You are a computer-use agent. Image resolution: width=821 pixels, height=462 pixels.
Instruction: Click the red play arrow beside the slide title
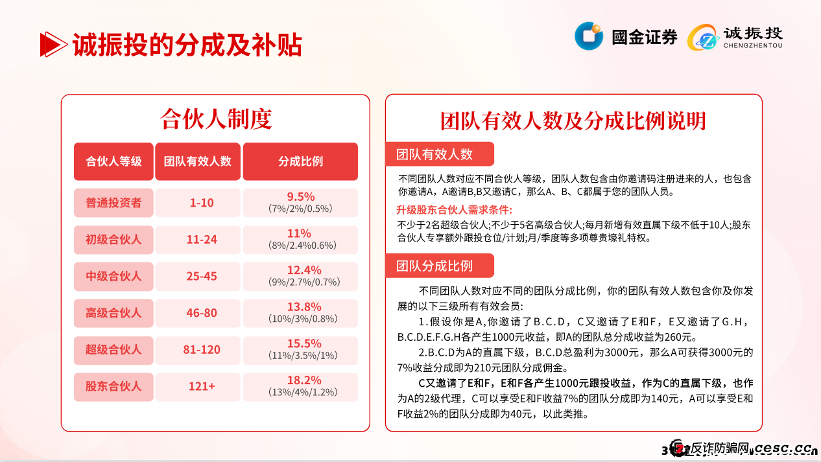coord(53,45)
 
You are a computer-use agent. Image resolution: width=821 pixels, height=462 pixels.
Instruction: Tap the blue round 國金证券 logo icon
coord(589,36)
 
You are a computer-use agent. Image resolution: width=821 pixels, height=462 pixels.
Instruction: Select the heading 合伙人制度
coord(215,119)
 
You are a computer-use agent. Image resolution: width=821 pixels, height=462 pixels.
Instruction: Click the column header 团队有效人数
coord(198,161)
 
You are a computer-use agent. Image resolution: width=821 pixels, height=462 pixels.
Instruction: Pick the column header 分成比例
coord(300,161)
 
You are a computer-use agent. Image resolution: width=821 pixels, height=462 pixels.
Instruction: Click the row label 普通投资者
coord(113,203)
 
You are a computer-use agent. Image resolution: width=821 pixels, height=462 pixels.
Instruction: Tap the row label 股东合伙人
coord(113,386)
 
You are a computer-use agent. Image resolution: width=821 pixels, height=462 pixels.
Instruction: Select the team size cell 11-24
coord(202,240)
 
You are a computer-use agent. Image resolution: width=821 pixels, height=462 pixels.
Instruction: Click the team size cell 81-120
coord(202,350)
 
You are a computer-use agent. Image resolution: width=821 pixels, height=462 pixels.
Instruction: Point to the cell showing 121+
coord(202,386)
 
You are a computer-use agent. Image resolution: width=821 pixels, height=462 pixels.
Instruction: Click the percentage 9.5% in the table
coord(300,197)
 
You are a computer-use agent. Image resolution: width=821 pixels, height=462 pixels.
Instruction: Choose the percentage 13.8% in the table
coord(300,307)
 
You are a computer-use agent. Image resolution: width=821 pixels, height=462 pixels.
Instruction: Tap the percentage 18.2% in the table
coord(300,380)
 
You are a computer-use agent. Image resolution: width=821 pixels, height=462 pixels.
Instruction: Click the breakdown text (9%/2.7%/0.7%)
coord(300,283)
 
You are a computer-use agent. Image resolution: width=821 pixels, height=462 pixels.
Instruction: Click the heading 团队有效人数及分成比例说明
coord(573,121)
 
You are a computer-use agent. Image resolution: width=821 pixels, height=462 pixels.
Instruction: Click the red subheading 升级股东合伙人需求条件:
coord(454,210)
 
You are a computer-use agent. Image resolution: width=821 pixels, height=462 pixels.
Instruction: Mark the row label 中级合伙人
coord(113,276)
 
